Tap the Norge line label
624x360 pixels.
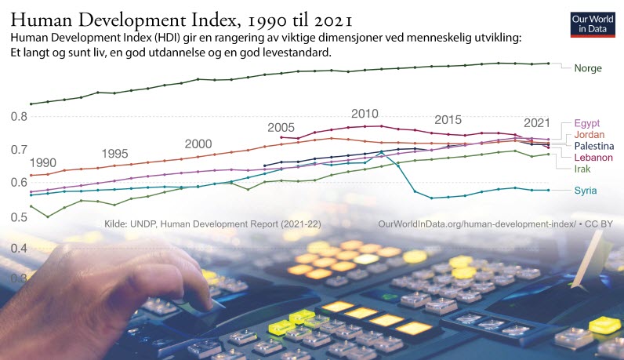coord(588,68)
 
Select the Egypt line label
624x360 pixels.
coord(588,123)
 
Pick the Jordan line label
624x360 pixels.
coord(590,134)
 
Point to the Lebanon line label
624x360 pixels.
coord(593,158)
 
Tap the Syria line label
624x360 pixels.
coord(589,191)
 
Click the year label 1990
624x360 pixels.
coord(42,162)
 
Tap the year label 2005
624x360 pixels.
coord(281,127)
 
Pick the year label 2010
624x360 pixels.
coord(365,114)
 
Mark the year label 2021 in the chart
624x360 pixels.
coord(536,122)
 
